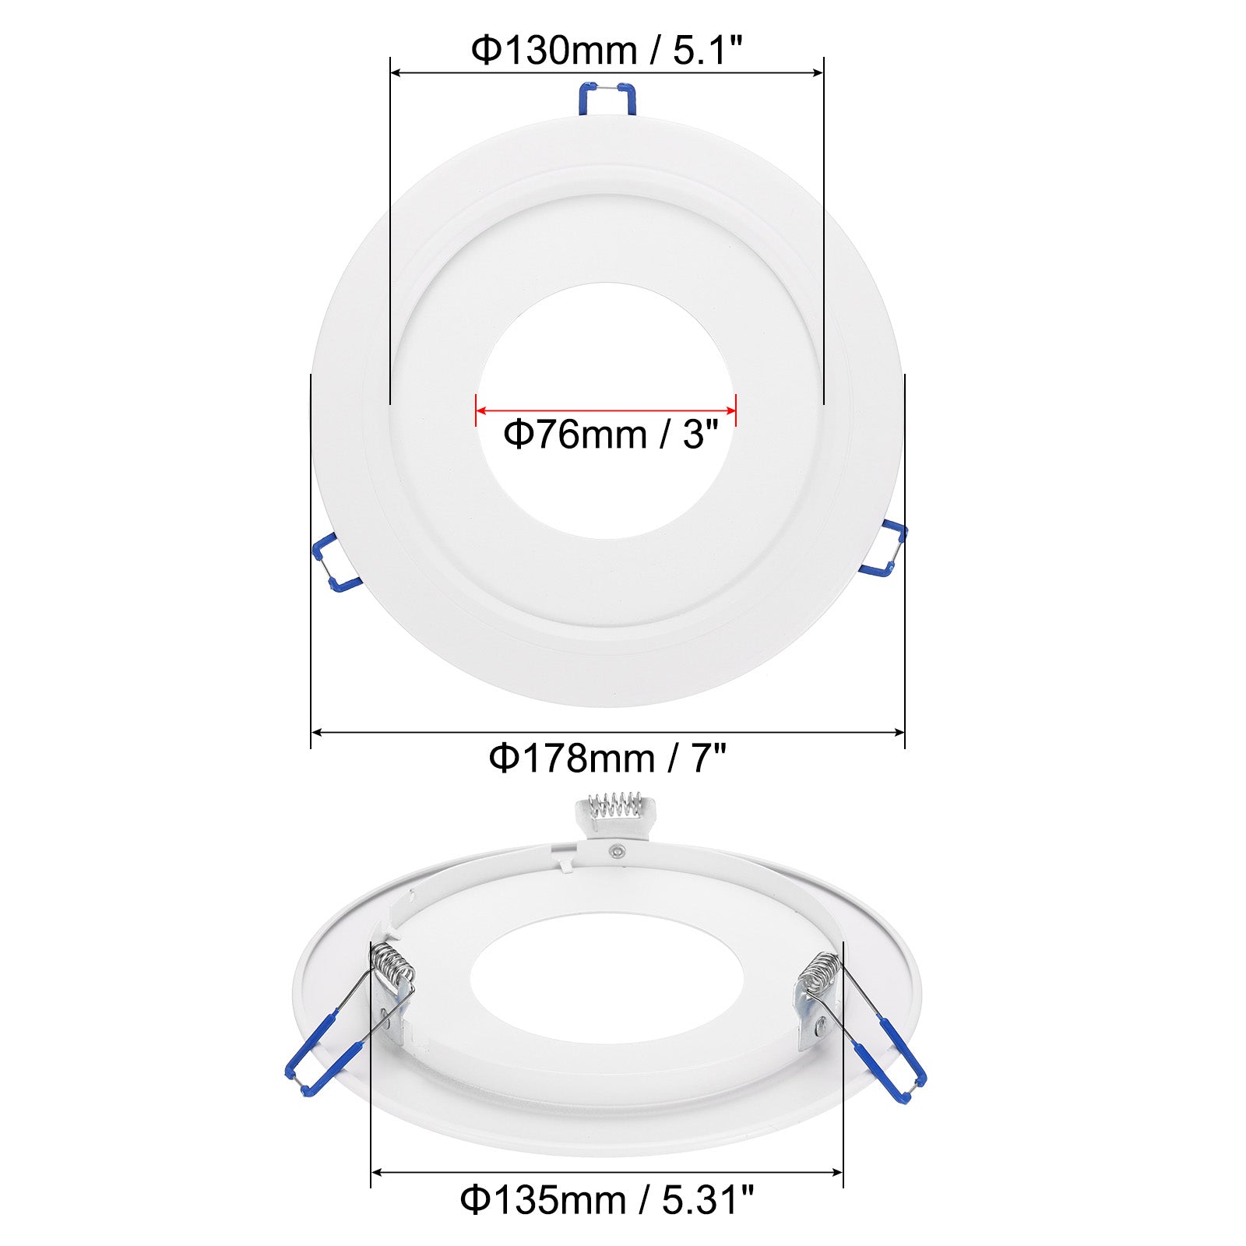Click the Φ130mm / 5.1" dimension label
(x=607, y=51)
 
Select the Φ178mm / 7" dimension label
(x=607, y=758)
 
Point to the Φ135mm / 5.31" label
(x=607, y=1200)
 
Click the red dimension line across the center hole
(x=606, y=410)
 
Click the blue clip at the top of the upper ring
(x=607, y=99)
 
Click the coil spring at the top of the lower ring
(x=615, y=804)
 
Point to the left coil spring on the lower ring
(x=393, y=966)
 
